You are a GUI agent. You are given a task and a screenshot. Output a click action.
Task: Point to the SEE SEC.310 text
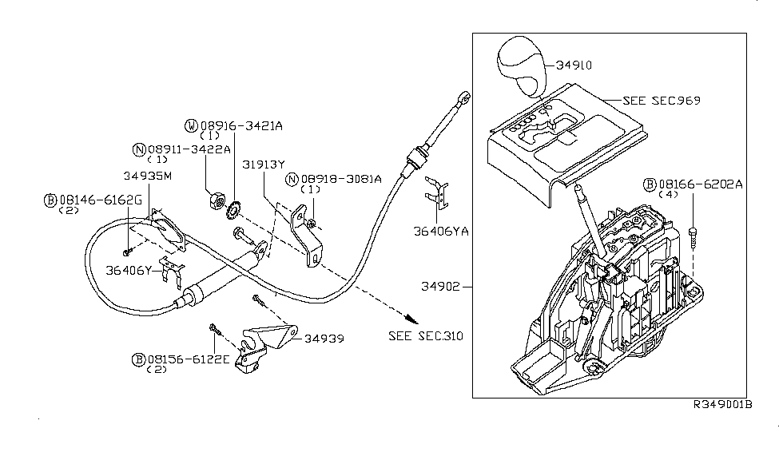tap(425, 335)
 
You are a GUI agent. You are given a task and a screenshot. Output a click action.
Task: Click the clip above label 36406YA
tap(437, 192)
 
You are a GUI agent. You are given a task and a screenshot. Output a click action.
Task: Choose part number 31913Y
tap(264, 163)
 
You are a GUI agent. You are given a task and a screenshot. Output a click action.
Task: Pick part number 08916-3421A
tap(240, 125)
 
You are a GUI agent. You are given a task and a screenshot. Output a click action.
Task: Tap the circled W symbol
tap(191, 125)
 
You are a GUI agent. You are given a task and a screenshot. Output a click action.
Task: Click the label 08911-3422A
tap(188, 149)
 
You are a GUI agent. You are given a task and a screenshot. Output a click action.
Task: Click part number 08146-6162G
tap(99, 200)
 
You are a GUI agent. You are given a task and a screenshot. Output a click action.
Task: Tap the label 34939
tap(324, 339)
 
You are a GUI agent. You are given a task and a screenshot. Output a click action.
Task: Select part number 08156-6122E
tap(188, 359)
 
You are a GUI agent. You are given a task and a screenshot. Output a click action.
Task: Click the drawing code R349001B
tap(723, 405)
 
